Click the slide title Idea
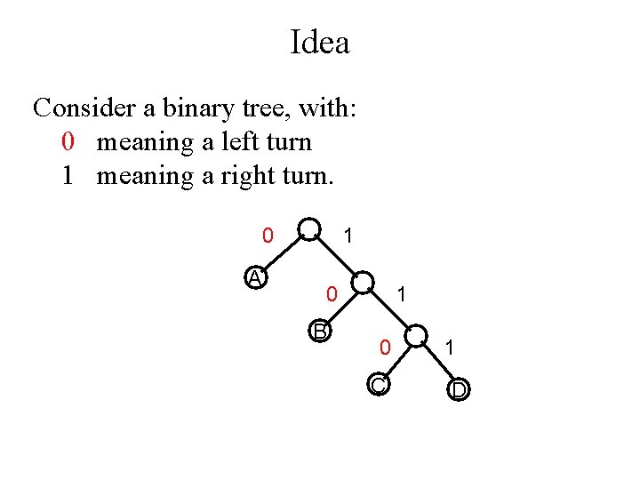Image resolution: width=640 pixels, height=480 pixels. click(320, 42)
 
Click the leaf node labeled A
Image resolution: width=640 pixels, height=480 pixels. click(256, 278)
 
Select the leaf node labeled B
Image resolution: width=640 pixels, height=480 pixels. click(320, 332)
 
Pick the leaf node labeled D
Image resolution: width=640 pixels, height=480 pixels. click(459, 389)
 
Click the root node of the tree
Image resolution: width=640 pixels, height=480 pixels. click(309, 229)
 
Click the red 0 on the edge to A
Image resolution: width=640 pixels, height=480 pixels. click(267, 236)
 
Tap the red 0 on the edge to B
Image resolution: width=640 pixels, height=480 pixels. click(331, 292)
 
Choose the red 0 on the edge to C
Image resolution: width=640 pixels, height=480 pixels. click(384, 348)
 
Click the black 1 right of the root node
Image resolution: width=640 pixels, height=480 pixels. click(348, 236)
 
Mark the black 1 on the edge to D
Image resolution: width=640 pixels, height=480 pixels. click(450, 348)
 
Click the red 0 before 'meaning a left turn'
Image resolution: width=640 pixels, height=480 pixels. click(68, 142)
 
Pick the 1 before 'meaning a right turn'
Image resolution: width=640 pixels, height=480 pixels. click(68, 175)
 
